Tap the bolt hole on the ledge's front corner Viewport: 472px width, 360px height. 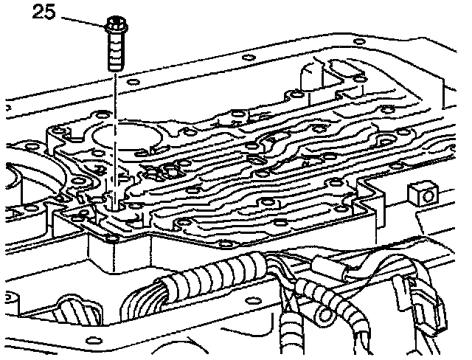tap(111, 238)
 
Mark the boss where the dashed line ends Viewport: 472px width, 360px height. tap(114, 199)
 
